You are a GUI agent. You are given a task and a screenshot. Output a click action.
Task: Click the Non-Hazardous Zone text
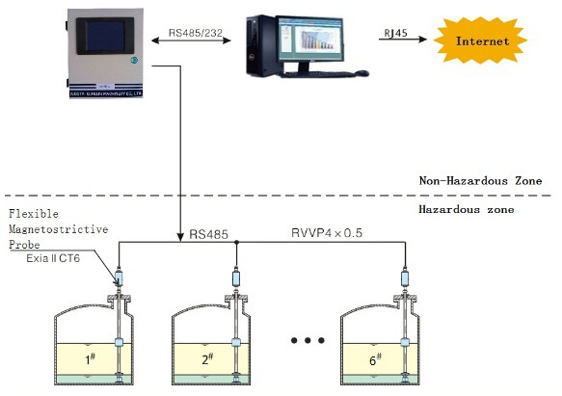point(480,180)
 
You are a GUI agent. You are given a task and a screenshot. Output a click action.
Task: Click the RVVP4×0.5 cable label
point(329,233)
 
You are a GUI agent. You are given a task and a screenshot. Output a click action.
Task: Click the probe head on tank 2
point(237,281)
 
